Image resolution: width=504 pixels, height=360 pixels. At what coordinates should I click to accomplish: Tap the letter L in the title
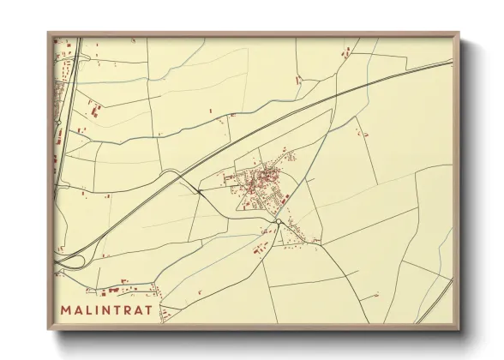[93, 309]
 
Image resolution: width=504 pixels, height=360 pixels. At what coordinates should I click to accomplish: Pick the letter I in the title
[102, 309]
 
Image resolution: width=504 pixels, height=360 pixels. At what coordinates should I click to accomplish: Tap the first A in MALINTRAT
[81, 309]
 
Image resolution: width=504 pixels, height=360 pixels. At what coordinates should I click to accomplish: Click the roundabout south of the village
[279, 223]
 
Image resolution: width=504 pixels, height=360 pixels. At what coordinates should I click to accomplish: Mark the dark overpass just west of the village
[199, 191]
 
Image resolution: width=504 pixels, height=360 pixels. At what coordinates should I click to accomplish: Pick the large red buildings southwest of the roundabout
[258, 249]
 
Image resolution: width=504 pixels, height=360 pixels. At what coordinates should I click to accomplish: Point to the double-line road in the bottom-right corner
[437, 300]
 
